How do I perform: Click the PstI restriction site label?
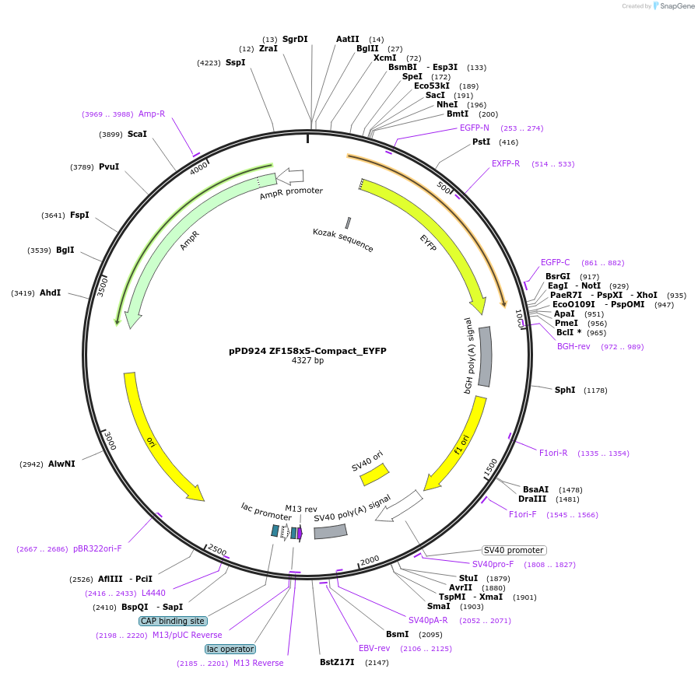[x=481, y=142]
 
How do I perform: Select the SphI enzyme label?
[x=564, y=390]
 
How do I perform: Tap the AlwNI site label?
[x=61, y=464]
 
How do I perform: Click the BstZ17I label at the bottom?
[x=336, y=662]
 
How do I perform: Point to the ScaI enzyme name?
[x=137, y=134]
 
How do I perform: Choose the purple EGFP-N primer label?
[x=474, y=128]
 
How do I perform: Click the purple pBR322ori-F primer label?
[x=97, y=548]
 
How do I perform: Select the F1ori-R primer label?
[x=553, y=453]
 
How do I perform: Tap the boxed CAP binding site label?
[x=173, y=621]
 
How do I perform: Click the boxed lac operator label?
[x=230, y=649]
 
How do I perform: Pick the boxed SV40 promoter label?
[x=514, y=550]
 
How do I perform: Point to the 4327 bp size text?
[x=307, y=361]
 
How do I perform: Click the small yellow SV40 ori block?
[x=374, y=474]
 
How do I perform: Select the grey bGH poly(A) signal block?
[x=485, y=356]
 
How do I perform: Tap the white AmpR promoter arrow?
[x=289, y=177]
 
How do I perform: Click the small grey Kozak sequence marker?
[x=348, y=222]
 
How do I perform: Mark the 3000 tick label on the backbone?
[x=110, y=440]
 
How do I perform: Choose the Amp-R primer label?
[x=152, y=114]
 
